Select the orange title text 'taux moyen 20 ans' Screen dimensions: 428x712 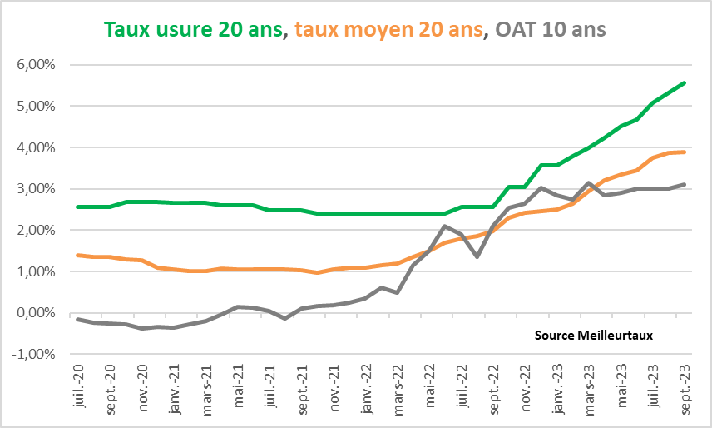(x=388, y=30)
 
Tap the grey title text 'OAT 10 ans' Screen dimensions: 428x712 (x=550, y=30)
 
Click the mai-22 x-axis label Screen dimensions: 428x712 (x=431, y=389)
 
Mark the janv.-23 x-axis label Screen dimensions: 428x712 (x=558, y=389)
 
